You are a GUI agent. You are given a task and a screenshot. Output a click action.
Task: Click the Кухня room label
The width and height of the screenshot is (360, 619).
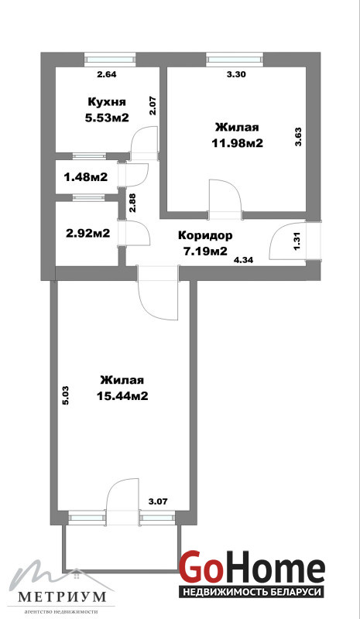(x=107, y=102)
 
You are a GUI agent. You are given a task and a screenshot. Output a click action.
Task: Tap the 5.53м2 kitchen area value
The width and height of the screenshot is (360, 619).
(x=107, y=118)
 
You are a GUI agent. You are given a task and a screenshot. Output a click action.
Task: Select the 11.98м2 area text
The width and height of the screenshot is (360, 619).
(x=237, y=143)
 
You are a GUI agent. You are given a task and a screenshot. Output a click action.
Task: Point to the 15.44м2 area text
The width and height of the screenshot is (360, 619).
(x=122, y=396)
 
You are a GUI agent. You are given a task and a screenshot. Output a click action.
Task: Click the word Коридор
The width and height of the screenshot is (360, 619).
(x=205, y=236)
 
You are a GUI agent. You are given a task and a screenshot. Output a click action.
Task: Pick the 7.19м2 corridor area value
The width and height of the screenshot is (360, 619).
(x=204, y=251)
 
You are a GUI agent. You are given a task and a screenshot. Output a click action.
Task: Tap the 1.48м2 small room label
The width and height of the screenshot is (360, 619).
(x=86, y=177)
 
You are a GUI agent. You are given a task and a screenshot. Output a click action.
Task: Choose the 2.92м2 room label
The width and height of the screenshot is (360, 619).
(x=87, y=234)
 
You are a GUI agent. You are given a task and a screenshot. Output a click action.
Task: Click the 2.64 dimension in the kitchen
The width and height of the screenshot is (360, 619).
(x=107, y=74)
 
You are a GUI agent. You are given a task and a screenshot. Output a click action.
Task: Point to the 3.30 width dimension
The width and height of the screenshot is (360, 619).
(x=236, y=74)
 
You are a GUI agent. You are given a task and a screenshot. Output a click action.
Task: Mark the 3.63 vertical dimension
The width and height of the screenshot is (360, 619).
(x=298, y=136)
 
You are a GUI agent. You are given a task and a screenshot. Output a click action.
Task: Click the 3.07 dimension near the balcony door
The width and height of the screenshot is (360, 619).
(x=158, y=501)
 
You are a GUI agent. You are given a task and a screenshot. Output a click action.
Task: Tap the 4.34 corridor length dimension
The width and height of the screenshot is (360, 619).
(x=243, y=260)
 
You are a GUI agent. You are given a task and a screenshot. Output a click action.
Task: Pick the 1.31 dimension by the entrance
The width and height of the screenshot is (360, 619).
(x=298, y=240)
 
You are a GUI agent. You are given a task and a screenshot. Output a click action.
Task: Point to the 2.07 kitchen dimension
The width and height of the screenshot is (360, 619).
(x=153, y=106)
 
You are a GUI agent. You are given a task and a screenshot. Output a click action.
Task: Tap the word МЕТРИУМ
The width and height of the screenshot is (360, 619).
(x=63, y=596)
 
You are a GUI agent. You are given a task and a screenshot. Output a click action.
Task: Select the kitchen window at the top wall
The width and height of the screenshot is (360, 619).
(x=110, y=60)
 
